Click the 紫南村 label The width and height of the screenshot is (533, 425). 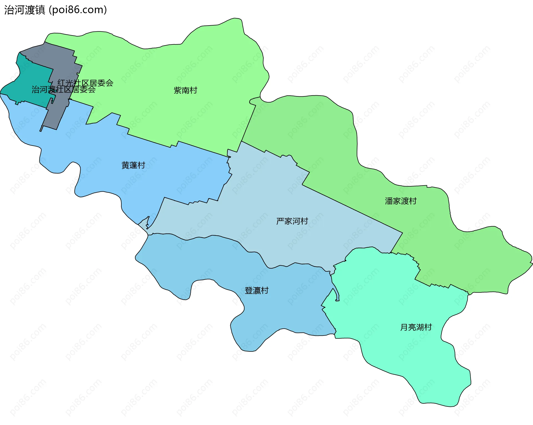(185, 90)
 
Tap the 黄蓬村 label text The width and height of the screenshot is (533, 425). (133, 165)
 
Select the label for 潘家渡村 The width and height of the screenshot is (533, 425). (401, 201)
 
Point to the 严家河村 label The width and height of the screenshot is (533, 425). (292, 221)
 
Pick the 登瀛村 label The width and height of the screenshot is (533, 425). (257, 291)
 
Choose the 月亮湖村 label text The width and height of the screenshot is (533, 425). (416, 327)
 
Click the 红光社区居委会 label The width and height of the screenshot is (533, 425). (86, 83)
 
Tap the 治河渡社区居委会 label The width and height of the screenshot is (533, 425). (63, 89)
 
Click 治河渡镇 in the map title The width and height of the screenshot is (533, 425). (24, 10)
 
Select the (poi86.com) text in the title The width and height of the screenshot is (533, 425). (78, 10)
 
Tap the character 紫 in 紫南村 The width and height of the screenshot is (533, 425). (178, 90)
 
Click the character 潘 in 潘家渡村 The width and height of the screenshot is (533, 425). (389, 201)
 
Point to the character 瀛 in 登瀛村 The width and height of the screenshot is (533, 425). (257, 291)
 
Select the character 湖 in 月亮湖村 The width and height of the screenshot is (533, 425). (420, 327)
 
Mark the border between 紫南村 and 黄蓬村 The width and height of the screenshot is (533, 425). (150, 140)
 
